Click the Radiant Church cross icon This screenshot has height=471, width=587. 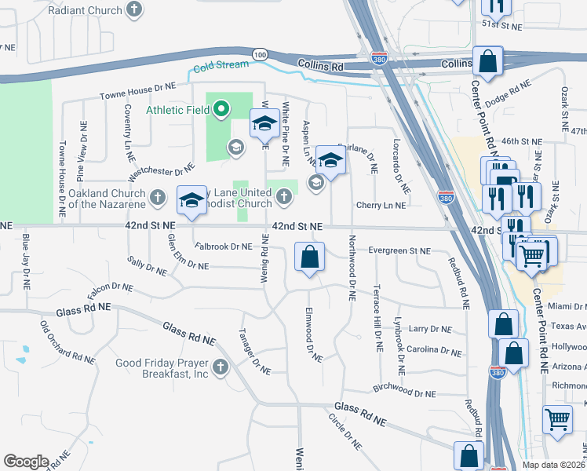tap(135, 9)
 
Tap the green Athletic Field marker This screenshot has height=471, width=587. tap(222, 110)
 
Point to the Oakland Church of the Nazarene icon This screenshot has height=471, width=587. tap(158, 196)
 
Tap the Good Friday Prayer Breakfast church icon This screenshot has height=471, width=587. tap(220, 367)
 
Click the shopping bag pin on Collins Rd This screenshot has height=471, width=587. tap(487, 62)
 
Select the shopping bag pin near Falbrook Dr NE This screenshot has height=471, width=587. tap(310, 257)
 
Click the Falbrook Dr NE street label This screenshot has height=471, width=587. tap(224, 246)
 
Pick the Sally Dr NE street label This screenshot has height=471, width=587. tap(147, 265)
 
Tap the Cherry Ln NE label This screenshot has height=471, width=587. tap(381, 205)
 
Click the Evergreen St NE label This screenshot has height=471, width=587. tap(400, 250)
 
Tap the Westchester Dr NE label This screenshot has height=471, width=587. tap(160, 170)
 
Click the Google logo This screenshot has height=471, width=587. tap(26, 461)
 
